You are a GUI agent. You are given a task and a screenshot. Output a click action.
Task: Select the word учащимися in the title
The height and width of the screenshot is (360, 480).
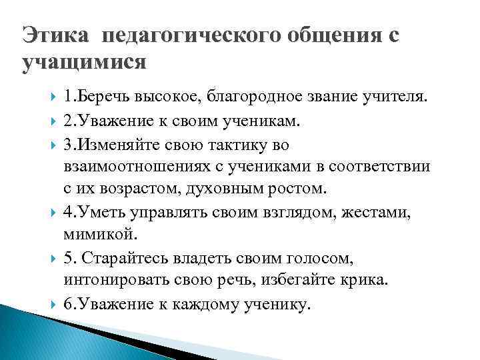83,63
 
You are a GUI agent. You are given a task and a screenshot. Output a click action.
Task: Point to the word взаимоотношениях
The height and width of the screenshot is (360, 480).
133,166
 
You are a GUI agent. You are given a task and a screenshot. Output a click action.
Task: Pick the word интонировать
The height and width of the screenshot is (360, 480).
121,281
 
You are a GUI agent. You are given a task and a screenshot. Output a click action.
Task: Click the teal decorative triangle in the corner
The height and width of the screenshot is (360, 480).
27,333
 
